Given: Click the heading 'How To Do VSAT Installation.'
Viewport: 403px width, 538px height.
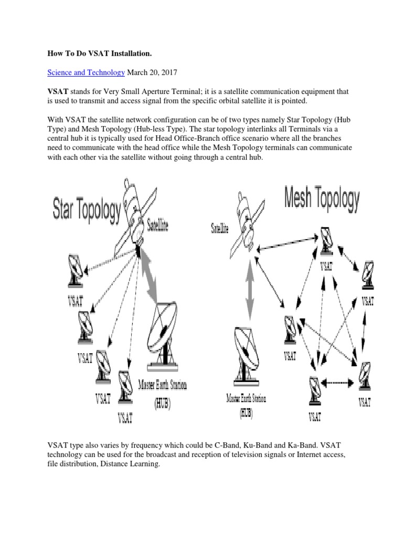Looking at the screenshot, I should [x=99, y=53].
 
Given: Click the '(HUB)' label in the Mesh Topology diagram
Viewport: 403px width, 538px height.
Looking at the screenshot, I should [x=246, y=413].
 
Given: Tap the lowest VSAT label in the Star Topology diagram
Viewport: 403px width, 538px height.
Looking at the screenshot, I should [x=125, y=418].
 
